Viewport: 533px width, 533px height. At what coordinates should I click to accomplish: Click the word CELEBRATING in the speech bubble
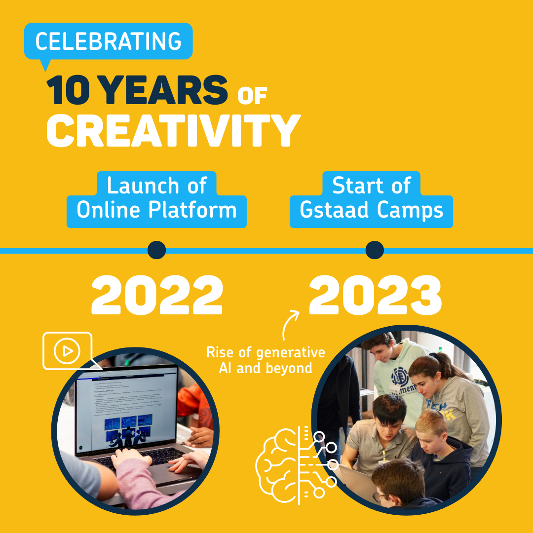[x=108, y=41]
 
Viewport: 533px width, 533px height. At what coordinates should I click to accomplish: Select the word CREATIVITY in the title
[x=173, y=130]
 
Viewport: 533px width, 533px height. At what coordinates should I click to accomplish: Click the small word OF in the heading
[x=252, y=96]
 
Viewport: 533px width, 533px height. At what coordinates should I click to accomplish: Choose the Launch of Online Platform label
[x=156, y=199]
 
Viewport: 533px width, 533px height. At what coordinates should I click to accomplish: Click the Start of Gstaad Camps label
[x=371, y=199]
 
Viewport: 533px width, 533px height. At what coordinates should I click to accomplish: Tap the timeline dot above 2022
[x=156, y=250]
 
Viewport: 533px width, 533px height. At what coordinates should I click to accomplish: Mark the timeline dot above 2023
[x=375, y=250]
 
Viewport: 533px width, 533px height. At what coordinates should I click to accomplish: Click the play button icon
[x=68, y=351]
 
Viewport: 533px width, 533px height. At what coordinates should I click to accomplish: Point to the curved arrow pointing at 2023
[x=290, y=322]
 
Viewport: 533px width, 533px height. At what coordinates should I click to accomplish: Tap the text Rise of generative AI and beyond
[x=266, y=360]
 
